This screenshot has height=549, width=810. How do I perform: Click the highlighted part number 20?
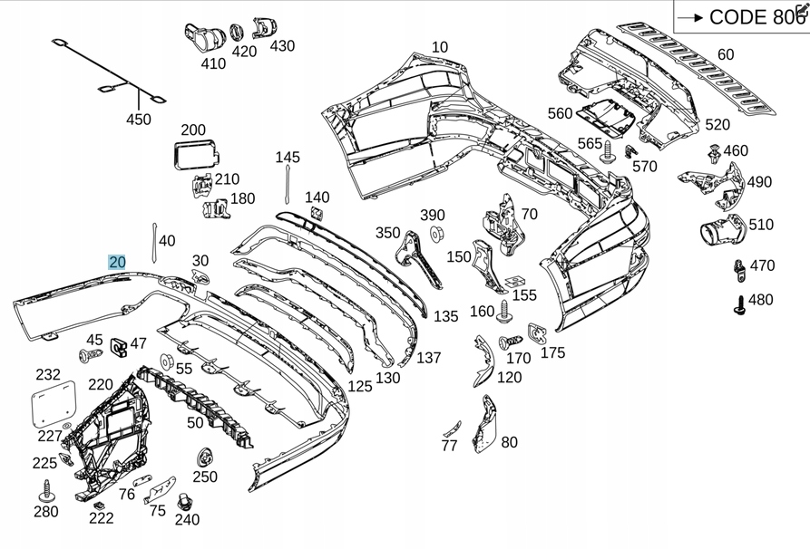(x=117, y=263)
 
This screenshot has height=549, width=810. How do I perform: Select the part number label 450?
(x=139, y=120)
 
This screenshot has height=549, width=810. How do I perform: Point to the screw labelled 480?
(x=738, y=303)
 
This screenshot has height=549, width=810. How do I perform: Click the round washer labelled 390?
(x=434, y=236)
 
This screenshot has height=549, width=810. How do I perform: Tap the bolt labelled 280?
(x=44, y=491)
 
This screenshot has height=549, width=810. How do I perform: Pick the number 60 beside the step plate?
(x=726, y=55)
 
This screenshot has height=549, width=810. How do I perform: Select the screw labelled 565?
(x=608, y=152)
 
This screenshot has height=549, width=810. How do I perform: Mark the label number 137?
(x=428, y=359)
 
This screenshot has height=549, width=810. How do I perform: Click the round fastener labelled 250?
(x=203, y=457)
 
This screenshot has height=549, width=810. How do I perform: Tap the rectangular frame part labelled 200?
(x=192, y=153)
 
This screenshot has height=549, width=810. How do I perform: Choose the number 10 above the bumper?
(x=440, y=48)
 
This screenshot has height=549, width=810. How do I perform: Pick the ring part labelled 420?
(x=237, y=33)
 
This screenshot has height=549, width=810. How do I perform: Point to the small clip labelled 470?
(x=738, y=267)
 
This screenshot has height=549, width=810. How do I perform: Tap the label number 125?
(x=360, y=387)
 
